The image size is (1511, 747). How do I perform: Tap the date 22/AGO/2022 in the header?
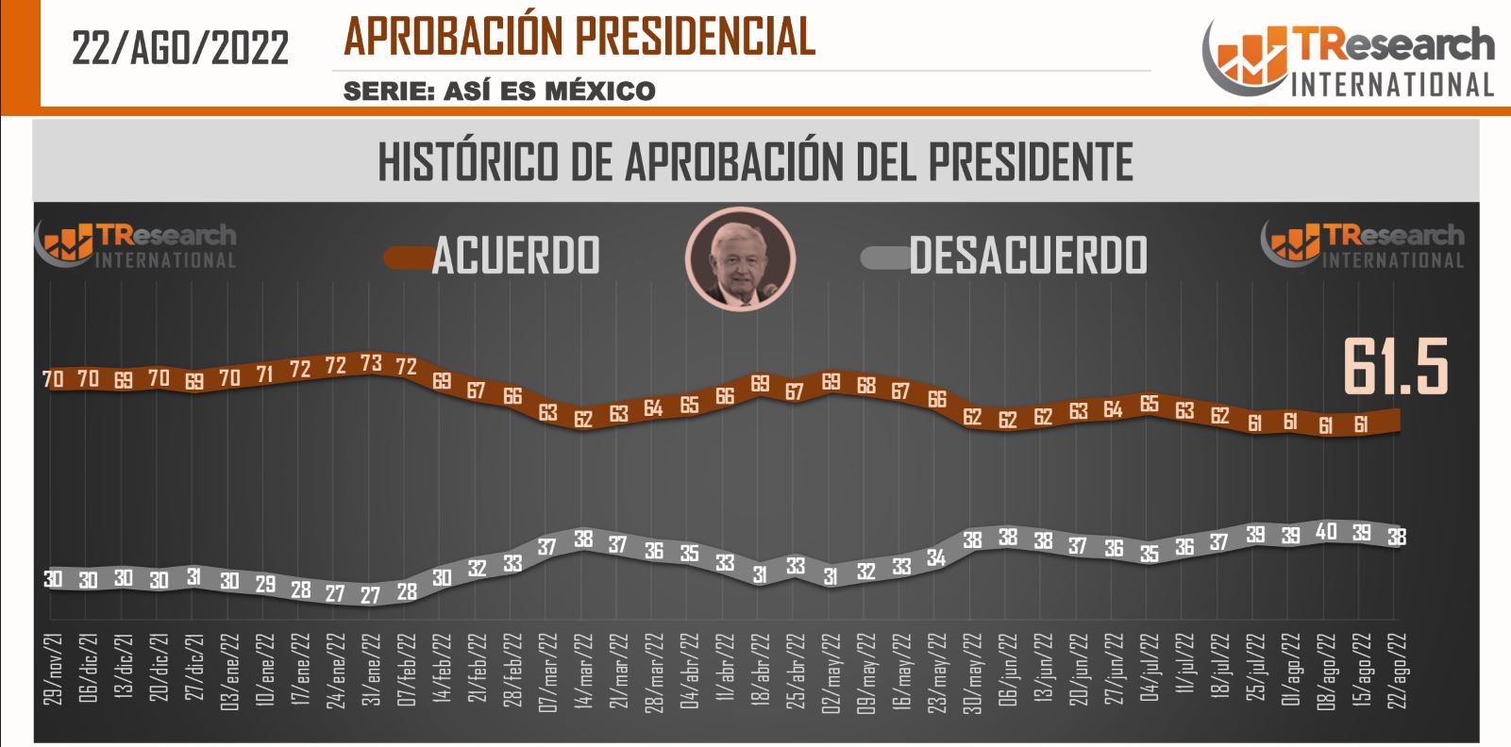click(x=180, y=47)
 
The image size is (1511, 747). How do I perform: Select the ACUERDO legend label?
click(x=515, y=255)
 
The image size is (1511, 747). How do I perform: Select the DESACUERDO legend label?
click(x=1028, y=255)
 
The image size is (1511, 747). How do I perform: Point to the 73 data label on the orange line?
click(x=371, y=363)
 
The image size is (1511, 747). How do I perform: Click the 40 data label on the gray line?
click(x=1326, y=532)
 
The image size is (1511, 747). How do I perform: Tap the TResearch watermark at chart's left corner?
click(x=136, y=245)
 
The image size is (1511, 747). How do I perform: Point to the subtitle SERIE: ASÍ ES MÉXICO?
click(x=499, y=91)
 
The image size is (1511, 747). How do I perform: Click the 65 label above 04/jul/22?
click(x=1149, y=404)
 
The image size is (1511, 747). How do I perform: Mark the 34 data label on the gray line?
click(x=936, y=557)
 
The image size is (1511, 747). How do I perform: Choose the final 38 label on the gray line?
click(x=1397, y=537)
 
